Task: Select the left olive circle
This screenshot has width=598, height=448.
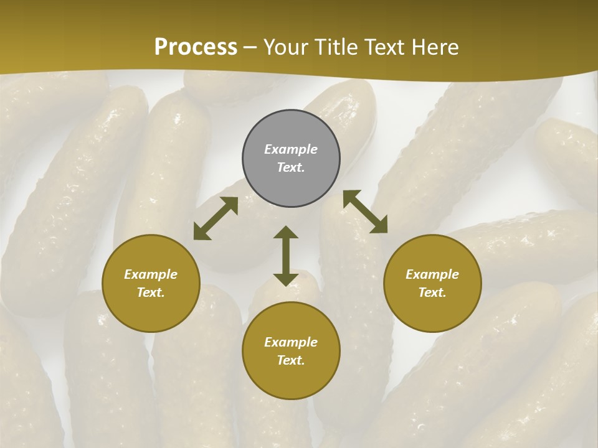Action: coord(151,283)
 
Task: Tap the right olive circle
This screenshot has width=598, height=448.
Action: coord(432,283)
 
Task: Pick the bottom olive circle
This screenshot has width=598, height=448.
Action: coord(291,351)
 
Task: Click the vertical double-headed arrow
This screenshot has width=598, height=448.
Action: coord(286,256)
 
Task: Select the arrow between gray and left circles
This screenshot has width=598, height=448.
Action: coord(216,218)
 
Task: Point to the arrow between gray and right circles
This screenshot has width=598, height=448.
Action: coord(365,212)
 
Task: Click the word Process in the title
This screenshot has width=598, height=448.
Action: coord(196,47)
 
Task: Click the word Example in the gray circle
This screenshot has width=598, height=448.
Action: coord(291,149)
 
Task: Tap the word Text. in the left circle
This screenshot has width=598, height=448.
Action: coord(151,292)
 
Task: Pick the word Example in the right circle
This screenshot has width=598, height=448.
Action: coord(432,274)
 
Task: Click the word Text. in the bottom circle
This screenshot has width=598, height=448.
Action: coord(291,360)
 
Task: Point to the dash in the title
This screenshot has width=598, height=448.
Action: coord(250,48)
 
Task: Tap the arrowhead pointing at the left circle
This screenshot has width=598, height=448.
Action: coord(201,232)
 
